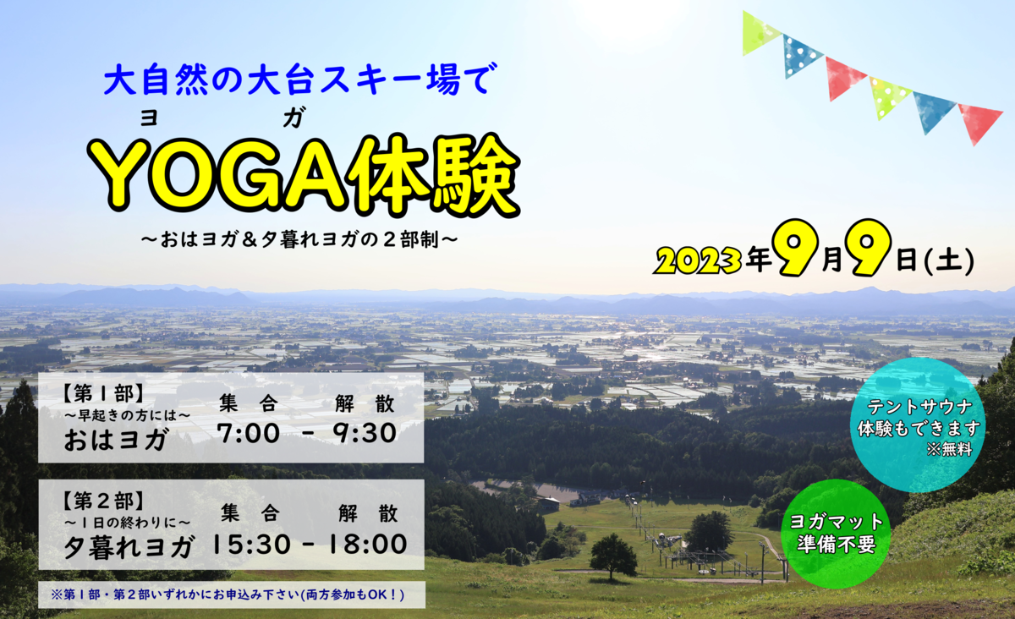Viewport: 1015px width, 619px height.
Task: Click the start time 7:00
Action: pyautogui.click(x=248, y=433)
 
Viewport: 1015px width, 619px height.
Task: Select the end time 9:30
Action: pyautogui.click(x=365, y=433)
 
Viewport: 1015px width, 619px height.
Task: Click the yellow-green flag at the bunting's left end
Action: pyautogui.click(x=759, y=32)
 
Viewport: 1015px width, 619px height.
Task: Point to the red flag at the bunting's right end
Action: pyautogui.click(x=979, y=121)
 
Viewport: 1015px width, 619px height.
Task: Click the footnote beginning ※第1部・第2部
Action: pyautogui.click(x=229, y=595)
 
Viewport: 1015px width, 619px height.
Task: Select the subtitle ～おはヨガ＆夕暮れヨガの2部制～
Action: pyautogui.click(x=300, y=239)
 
